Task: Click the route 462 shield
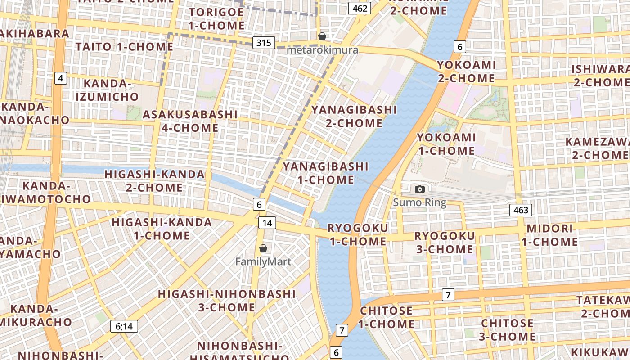pos(360,8)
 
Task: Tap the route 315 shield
pos(264,43)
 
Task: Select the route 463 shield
pos(521,210)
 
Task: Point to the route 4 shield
pos(61,78)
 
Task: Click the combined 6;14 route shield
pos(124,326)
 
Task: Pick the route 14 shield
pos(267,222)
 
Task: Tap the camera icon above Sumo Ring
pos(419,189)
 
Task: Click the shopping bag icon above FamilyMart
pos(263,248)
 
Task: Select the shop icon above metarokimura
pos(322,36)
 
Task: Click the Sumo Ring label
pos(419,202)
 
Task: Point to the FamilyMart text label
pos(263,261)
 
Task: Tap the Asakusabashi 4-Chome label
pos(190,121)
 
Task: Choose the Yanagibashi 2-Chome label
pos(354,116)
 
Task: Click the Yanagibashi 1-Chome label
pos(325,173)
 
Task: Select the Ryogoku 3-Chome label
pos(444,242)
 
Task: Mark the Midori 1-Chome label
pos(549,235)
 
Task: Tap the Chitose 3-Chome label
pos(508,329)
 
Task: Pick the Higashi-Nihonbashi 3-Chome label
pos(227,301)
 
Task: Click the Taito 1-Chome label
pos(124,46)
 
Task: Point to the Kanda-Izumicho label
pos(107,90)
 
